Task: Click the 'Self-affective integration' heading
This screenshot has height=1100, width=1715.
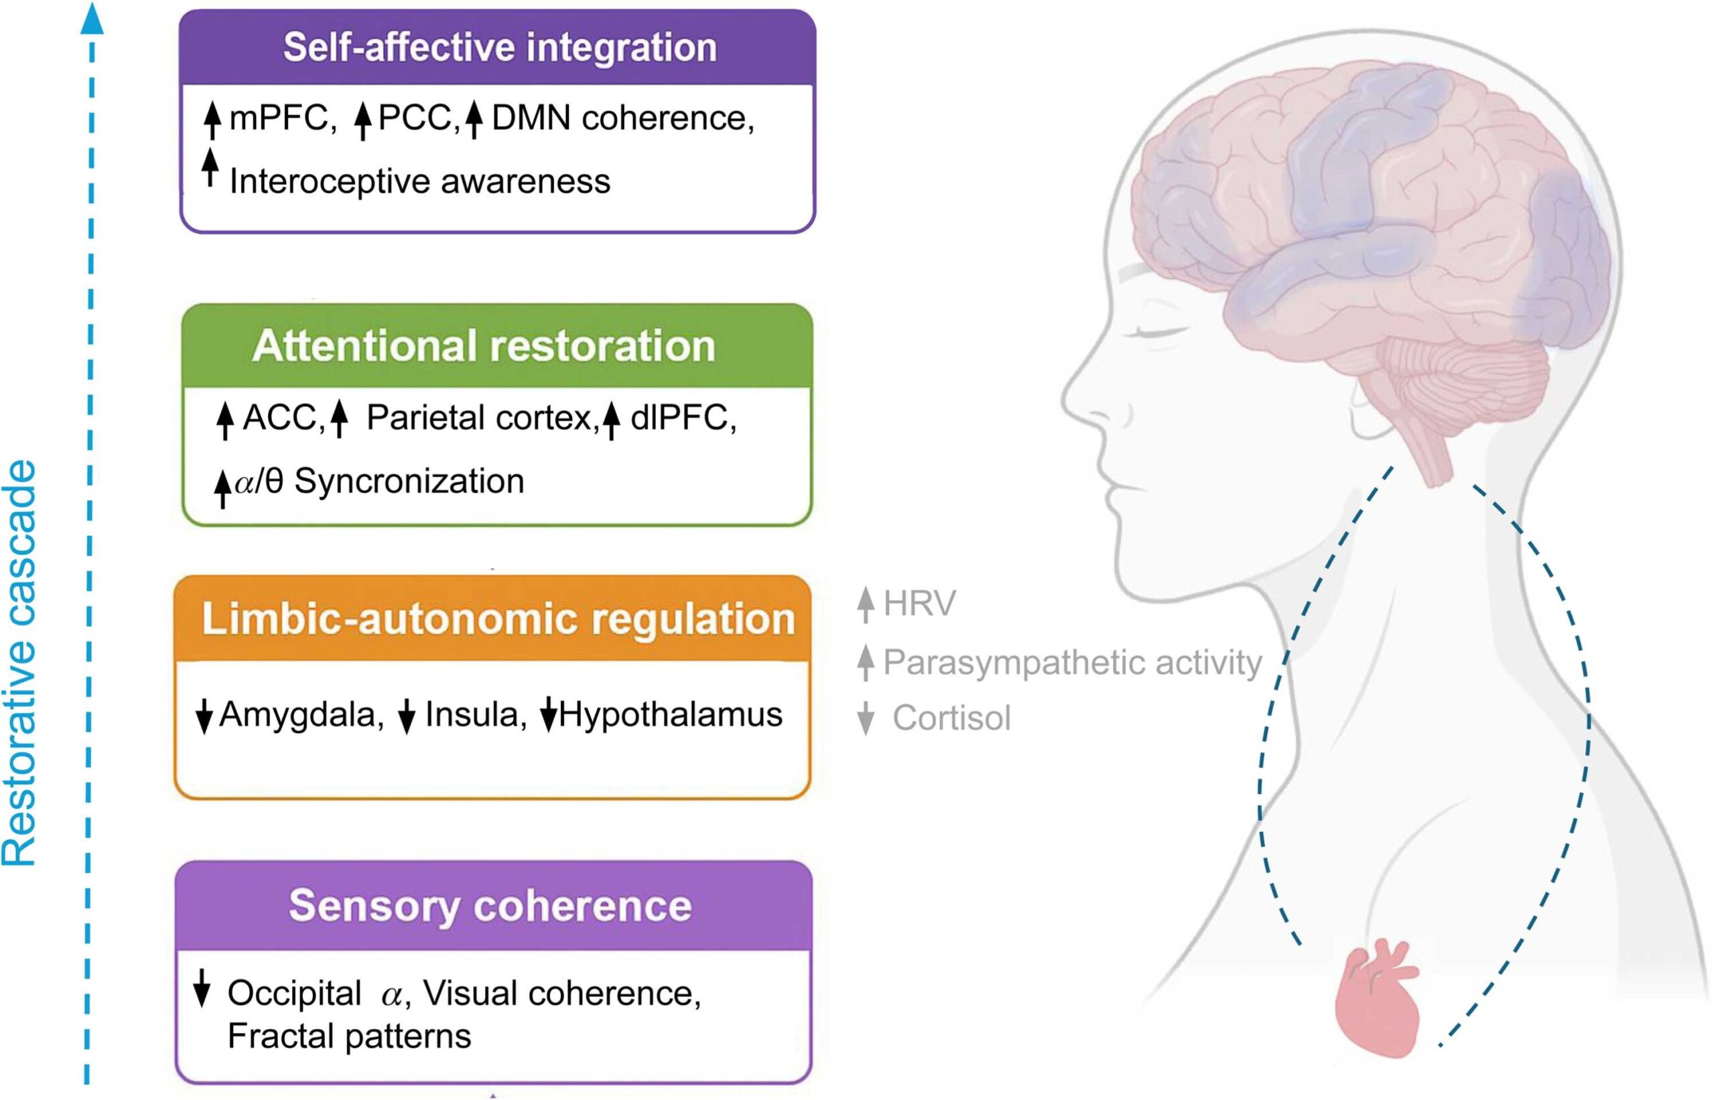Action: tap(500, 48)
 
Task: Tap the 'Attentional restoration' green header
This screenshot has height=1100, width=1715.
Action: tap(483, 346)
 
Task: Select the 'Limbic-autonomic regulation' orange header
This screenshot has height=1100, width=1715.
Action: tap(498, 619)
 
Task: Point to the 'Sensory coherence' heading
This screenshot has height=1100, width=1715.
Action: tap(490, 906)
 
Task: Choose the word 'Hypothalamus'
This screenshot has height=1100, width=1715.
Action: tap(671, 714)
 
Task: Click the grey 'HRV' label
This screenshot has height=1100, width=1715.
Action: tap(919, 604)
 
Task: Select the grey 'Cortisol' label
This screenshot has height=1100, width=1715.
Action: tap(951, 718)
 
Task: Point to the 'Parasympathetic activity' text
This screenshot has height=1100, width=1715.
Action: tap(1072, 662)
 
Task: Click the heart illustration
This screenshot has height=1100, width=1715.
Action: tap(1375, 996)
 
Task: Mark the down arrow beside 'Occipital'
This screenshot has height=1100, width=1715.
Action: tap(202, 988)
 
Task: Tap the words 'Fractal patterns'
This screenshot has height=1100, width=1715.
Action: tap(350, 1036)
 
